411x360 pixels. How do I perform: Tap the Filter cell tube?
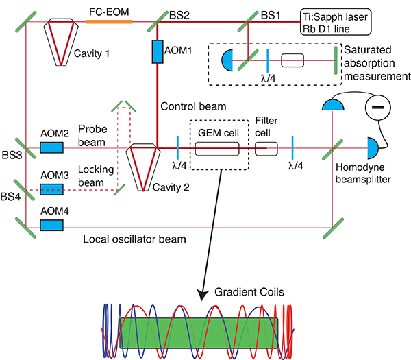[x=266, y=148]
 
